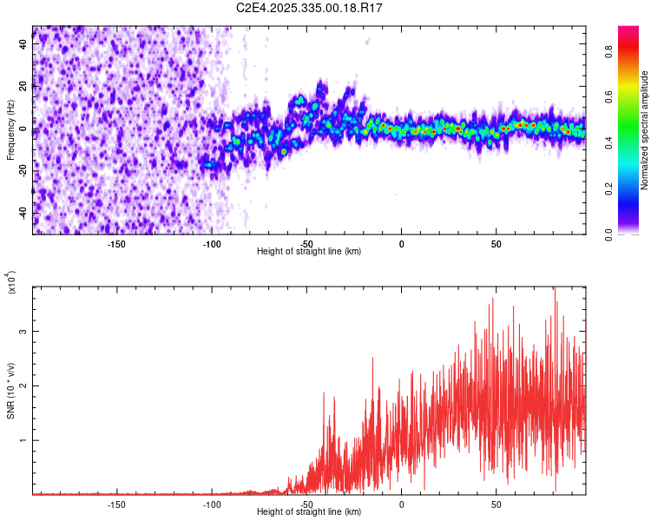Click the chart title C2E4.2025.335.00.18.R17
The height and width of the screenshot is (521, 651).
310,8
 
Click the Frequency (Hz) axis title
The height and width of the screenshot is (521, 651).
10,131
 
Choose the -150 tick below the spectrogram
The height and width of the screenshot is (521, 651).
117,242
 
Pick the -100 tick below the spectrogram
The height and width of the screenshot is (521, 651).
212,242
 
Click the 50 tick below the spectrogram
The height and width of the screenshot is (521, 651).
496,242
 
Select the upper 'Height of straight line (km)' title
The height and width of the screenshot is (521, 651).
309,251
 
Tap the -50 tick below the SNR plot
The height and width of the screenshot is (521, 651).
306,503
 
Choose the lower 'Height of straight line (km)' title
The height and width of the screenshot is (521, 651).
309,512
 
